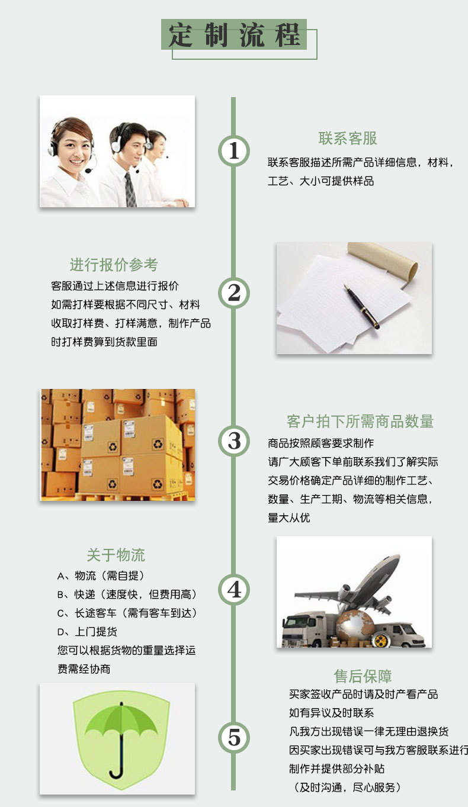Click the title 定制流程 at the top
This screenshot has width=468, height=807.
point(235,35)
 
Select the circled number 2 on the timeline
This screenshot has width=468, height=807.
point(233,292)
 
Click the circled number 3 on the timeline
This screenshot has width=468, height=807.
point(233,441)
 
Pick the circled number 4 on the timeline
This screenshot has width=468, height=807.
point(233,589)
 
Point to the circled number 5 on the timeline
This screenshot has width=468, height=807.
point(233,737)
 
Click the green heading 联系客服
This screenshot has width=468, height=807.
point(348,139)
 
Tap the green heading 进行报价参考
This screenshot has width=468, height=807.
point(114,265)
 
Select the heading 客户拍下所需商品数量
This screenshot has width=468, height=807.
point(360,421)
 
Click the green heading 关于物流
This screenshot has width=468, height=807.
point(116,555)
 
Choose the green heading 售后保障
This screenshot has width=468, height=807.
point(363,676)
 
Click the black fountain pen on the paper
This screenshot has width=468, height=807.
point(361,306)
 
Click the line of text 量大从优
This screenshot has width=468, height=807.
point(289,517)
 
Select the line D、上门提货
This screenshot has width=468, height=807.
point(87,632)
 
